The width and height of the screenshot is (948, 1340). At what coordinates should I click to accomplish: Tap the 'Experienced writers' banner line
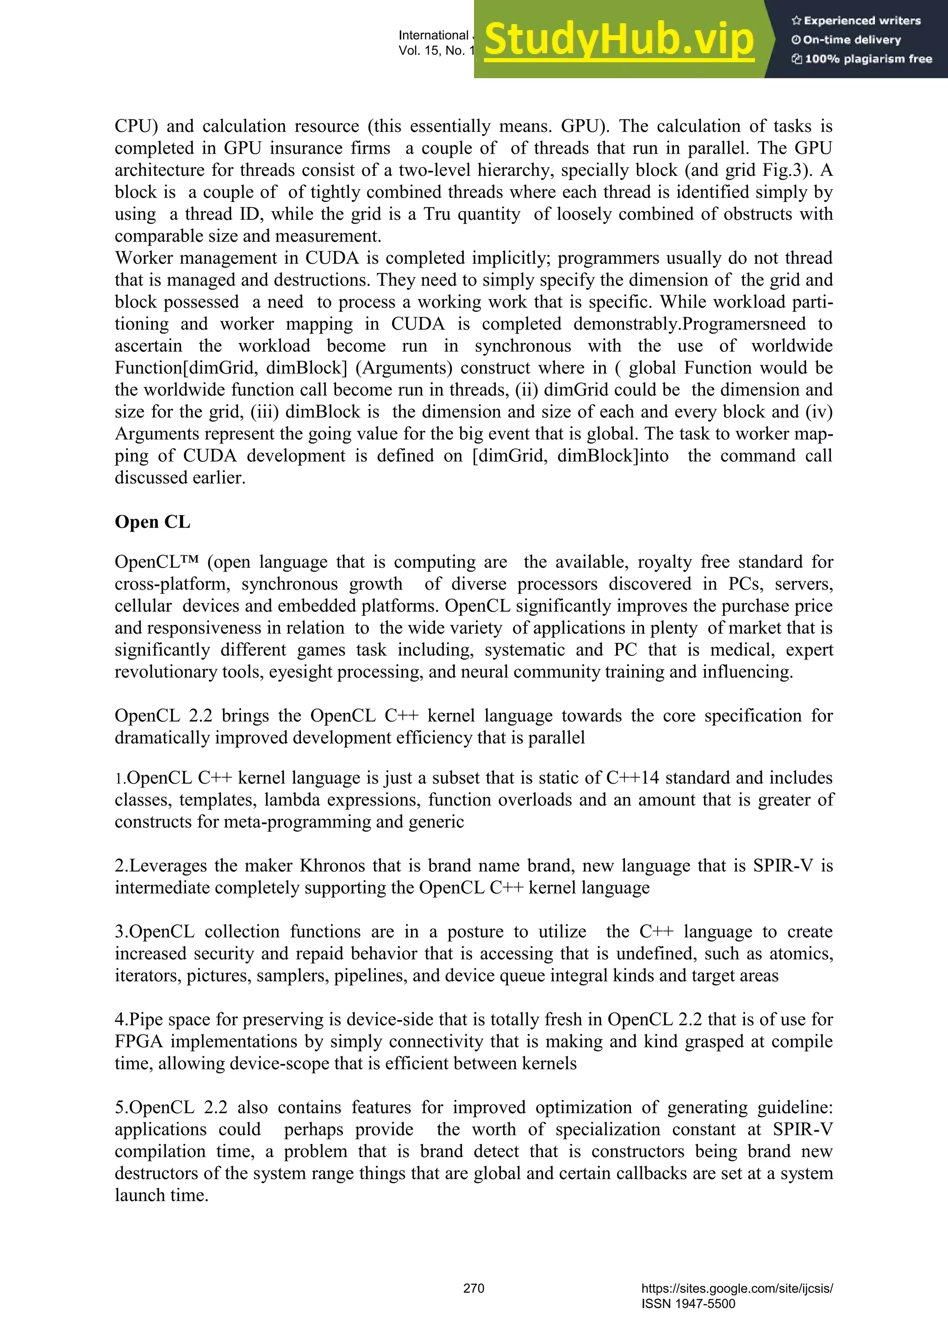point(856,21)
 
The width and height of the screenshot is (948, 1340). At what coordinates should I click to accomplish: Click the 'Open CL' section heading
point(152,522)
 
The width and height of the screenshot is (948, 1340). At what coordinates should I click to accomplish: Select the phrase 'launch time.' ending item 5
point(161,1195)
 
